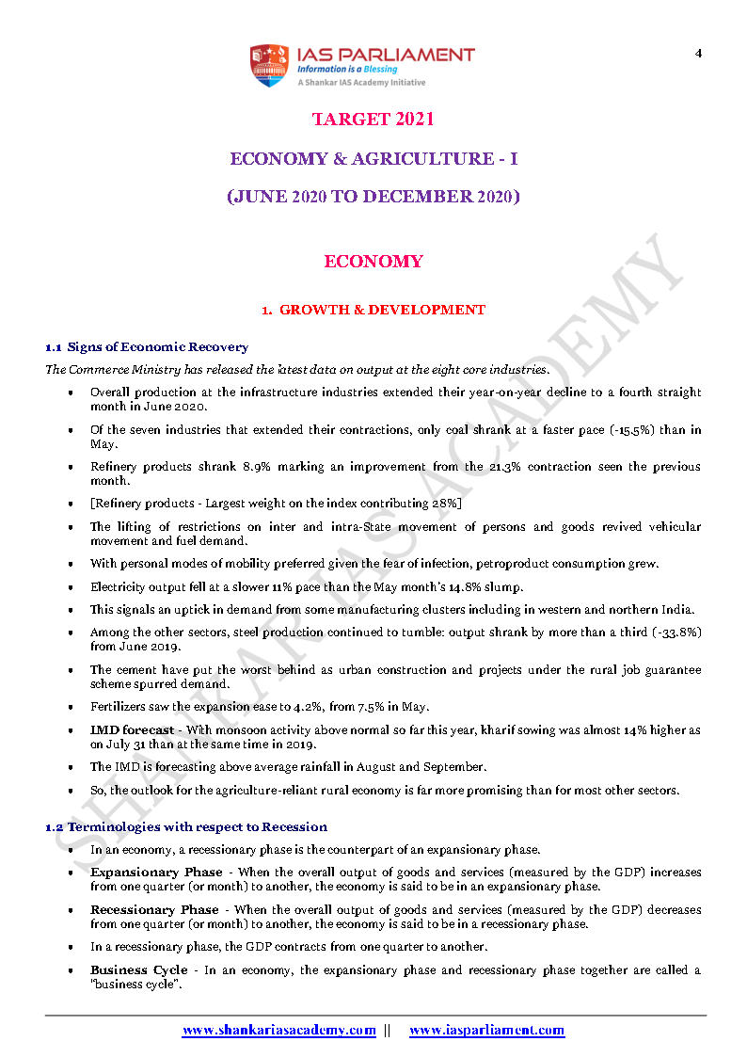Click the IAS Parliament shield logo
268,65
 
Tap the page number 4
698,53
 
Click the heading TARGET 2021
373,120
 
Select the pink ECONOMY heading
373,262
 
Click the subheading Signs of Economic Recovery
157,347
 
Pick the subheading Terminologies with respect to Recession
197,826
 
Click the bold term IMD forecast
133,730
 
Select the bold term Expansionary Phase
156,873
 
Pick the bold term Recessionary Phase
154,910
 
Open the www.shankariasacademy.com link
278,1031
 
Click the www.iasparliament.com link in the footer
486,1031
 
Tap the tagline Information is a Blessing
347,70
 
